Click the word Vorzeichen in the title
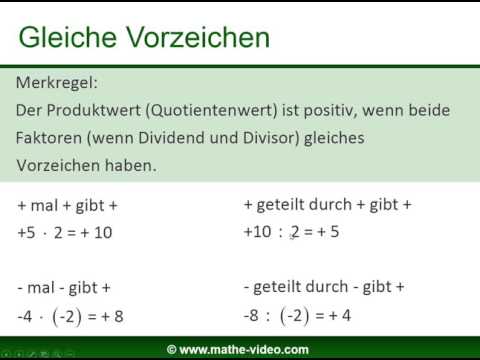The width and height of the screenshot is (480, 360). point(199,37)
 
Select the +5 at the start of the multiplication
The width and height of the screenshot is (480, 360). point(27,232)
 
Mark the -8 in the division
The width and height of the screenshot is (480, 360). point(253,316)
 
